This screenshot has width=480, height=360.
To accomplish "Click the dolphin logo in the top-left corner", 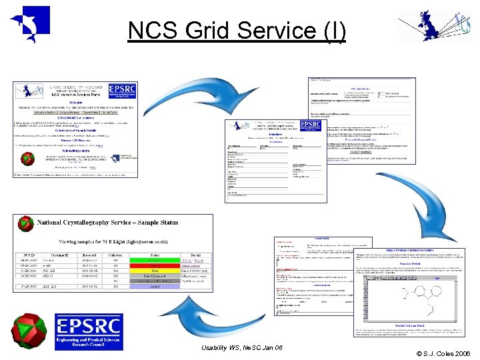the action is pyautogui.click(x=30, y=23).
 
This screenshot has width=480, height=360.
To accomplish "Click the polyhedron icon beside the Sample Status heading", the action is pyautogui.click(x=26, y=225).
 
